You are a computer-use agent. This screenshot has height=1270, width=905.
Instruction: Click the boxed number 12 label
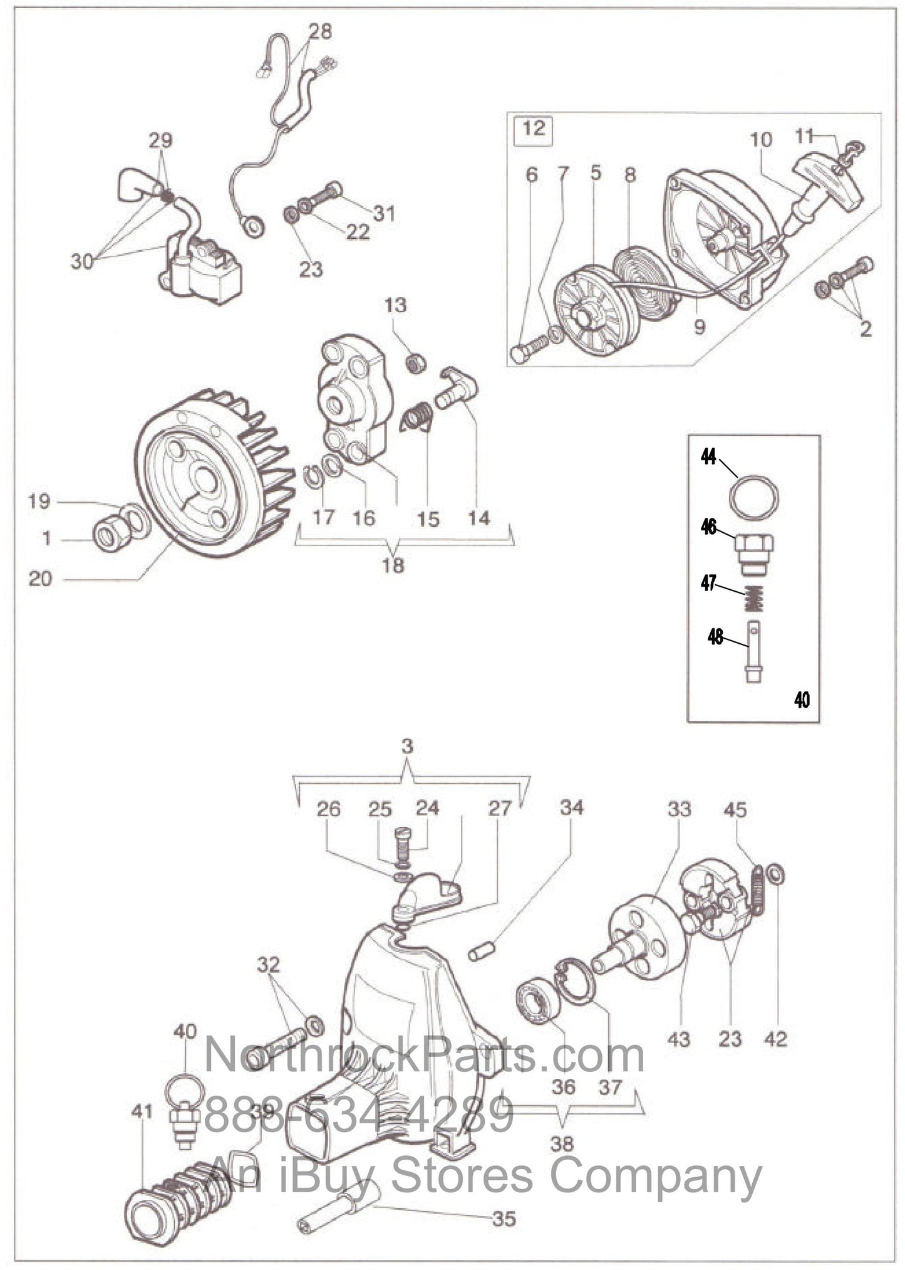click(x=533, y=129)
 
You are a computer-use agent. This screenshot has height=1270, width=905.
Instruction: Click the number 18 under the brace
click(x=393, y=565)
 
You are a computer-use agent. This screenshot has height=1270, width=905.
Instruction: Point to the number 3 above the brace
click(x=408, y=747)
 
